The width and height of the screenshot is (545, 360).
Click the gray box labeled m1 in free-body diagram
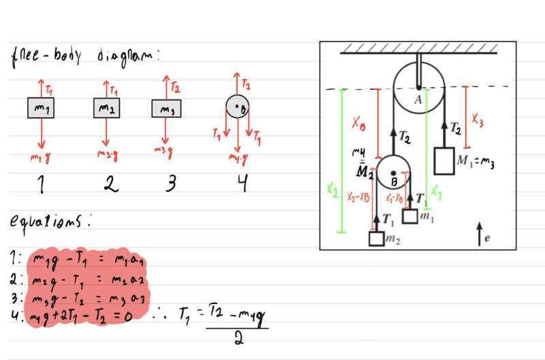(41, 109)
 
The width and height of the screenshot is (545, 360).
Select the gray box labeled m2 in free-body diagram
(106, 109)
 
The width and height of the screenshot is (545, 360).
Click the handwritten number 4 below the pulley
(238, 182)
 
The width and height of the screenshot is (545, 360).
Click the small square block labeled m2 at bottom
(377, 239)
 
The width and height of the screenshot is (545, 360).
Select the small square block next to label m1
(409, 217)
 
